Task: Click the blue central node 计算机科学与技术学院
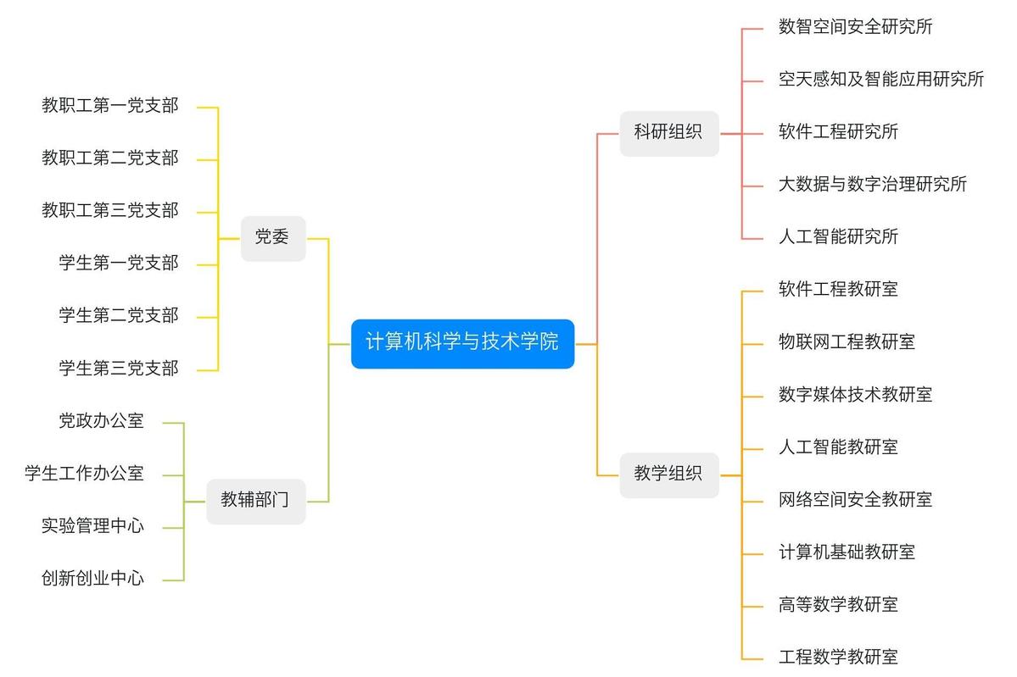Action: click(x=462, y=343)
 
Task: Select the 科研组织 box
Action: click(x=668, y=133)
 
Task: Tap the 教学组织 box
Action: click(x=668, y=474)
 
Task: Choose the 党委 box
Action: click(x=272, y=238)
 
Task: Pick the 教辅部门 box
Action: click(x=255, y=501)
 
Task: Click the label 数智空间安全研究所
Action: click(x=855, y=27)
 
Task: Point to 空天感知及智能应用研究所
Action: click(x=880, y=80)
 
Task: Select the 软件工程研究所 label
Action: click(x=838, y=132)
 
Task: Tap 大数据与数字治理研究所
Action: click(x=872, y=185)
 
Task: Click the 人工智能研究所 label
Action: click(x=838, y=237)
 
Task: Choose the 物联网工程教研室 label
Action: click(x=847, y=342)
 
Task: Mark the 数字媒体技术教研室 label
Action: click(x=855, y=395)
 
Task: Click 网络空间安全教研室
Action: click(x=855, y=500)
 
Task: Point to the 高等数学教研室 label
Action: click(x=838, y=605)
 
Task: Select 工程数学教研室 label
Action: click(x=838, y=657)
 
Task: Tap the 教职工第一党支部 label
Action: click(x=110, y=106)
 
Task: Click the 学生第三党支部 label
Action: click(x=119, y=369)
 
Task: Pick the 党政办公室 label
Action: click(x=102, y=421)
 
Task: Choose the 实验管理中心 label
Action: click(x=93, y=526)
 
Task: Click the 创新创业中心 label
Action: click(x=93, y=579)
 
